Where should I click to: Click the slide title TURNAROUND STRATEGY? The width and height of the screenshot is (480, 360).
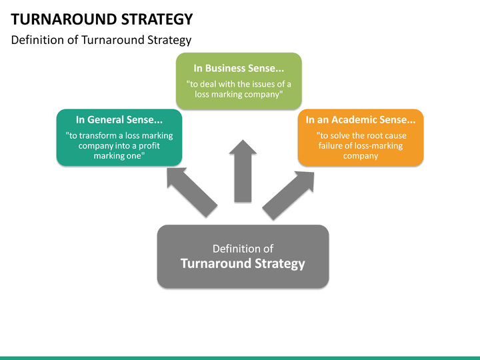click(102, 19)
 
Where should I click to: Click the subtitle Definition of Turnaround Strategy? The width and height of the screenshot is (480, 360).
click(101, 40)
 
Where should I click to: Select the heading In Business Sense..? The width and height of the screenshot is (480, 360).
click(239, 68)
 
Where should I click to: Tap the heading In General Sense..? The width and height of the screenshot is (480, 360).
click(119, 120)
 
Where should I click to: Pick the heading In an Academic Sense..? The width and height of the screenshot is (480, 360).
click(360, 120)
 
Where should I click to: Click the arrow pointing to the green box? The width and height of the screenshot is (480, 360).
click(191, 191)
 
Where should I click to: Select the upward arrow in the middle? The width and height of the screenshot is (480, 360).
click(243, 171)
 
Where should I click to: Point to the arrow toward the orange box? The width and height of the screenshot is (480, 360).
click(288, 195)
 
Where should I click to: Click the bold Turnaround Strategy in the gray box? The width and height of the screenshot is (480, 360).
click(243, 263)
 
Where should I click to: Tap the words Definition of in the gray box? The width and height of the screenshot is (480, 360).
click(243, 249)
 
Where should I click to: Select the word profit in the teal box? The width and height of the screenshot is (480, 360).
click(159, 145)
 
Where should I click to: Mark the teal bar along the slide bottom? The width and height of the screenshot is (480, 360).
click(240, 357)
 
